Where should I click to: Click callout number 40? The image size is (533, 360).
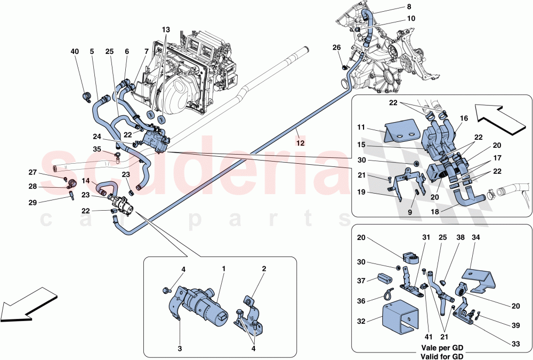[74, 52]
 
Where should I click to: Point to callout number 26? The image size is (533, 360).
[336, 47]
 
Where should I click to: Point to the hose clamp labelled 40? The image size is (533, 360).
[86, 97]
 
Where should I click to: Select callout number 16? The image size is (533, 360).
[463, 118]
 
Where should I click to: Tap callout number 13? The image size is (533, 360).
[166, 29]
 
